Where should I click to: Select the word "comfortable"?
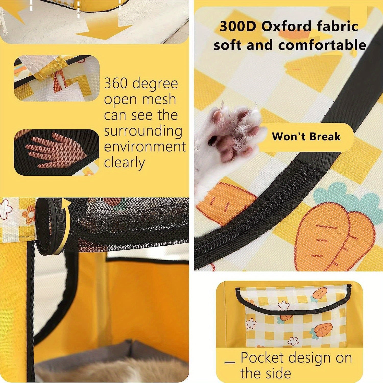(322, 45)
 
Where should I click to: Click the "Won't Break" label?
(306, 137)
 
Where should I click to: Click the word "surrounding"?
(143, 131)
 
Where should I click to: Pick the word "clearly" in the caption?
(125, 163)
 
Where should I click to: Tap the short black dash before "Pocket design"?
(230, 362)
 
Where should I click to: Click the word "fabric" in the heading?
(338, 27)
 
